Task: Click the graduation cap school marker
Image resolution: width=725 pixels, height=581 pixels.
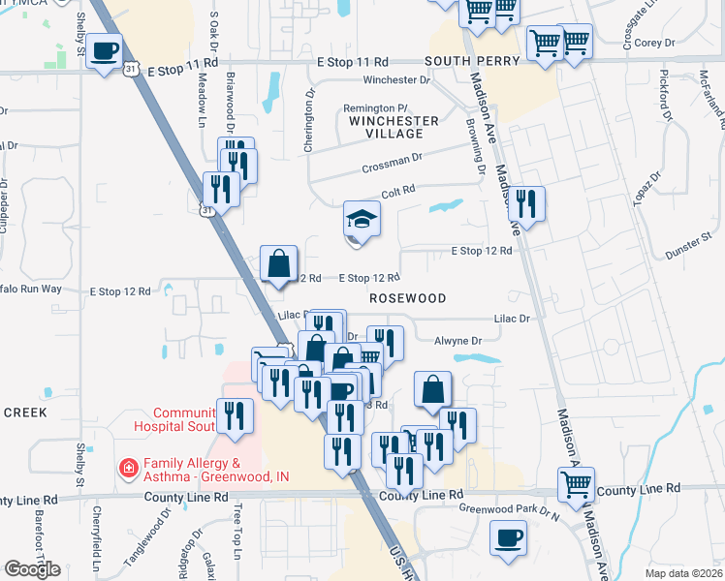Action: (x=362, y=220)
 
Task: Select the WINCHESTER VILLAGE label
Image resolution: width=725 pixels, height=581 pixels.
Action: (x=394, y=127)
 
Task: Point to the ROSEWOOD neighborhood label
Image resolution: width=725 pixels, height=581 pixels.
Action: (x=408, y=299)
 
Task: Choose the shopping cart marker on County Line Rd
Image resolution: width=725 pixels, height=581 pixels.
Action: (x=576, y=483)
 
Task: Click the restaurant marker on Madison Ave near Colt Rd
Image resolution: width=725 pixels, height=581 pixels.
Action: (x=526, y=203)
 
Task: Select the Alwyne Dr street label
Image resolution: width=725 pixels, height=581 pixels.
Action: (x=457, y=341)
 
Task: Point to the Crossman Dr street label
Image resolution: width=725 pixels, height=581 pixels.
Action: (x=393, y=160)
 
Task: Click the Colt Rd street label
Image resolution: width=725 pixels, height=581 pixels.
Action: (x=397, y=192)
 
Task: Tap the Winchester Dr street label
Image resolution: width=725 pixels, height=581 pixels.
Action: (x=394, y=79)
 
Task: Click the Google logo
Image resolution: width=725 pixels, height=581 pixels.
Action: (x=32, y=569)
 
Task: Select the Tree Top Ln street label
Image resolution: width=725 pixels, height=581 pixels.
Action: (x=236, y=527)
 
